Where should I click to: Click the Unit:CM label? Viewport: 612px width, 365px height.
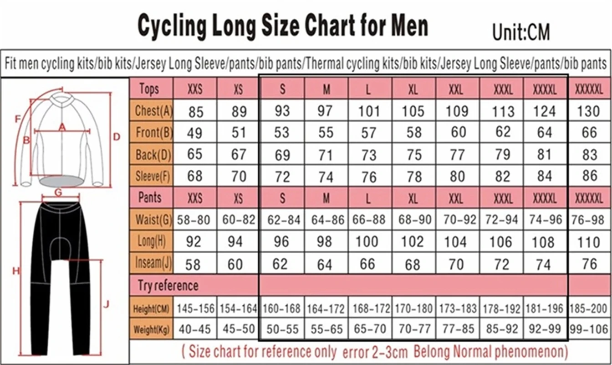(521, 32)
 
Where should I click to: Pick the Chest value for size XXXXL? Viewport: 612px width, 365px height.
(545, 111)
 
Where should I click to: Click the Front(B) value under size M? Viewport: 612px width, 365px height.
(326, 133)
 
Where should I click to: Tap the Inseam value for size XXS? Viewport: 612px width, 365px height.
(195, 264)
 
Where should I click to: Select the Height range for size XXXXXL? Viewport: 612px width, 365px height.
(589, 309)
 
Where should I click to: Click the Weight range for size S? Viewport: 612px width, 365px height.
(282, 329)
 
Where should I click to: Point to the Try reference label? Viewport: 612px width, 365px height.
(168, 286)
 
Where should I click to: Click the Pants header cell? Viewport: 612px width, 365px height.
(150, 198)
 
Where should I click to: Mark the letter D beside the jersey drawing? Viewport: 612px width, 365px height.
(117, 136)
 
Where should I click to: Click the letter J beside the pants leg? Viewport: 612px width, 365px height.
(106, 303)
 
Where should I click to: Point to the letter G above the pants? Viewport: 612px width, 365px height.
(58, 192)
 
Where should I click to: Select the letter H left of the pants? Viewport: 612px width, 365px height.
(16, 271)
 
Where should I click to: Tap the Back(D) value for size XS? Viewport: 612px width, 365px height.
(239, 155)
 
